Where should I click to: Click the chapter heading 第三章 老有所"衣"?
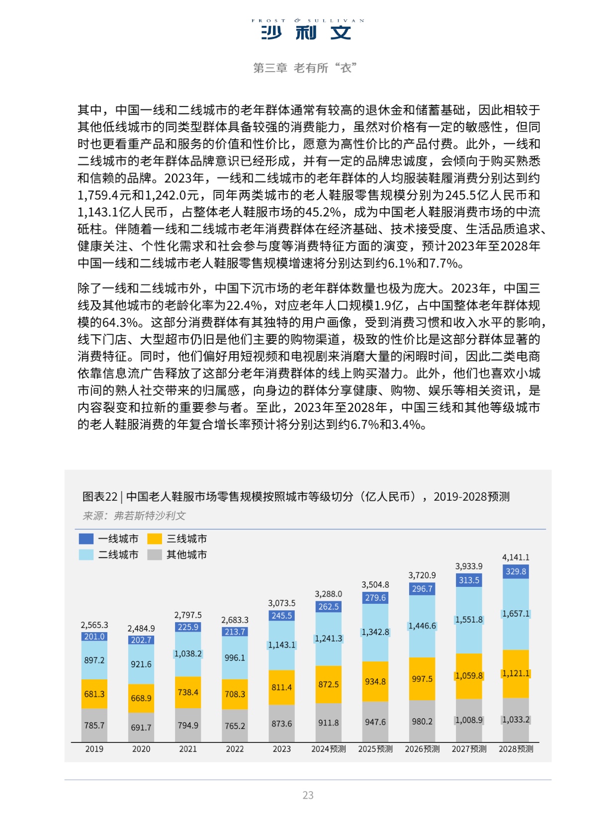pyautogui.click(x=305, y=68)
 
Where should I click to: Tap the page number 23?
pyautogui.click(x=308, y=795)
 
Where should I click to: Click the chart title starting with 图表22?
pyautogui.click(x=296, y=496)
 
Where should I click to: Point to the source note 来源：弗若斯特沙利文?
pyautogui.click(x=134, y=516)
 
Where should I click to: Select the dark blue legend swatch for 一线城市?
pyautogui.click(x=86, y=539)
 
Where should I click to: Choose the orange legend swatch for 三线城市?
pyautogui.click(x=155, y=539)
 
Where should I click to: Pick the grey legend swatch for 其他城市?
pyautogui.click(x=155, y=555)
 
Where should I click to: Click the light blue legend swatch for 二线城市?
pyautogui.click(x=86, y=555)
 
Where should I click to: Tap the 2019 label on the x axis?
pyautogui.click(x=94, y=749)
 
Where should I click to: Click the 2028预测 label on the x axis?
pyautogui.click(x=516, y=749)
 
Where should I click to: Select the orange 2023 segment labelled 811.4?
pyautogui.click(x=281, y=687)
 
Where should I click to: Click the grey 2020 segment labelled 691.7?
pyautogui.click(x=141, y=728)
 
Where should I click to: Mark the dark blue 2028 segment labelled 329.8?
pyautogui.click(x=516, y=571)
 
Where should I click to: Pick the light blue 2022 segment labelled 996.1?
pyautogui.click(x=235, y=657)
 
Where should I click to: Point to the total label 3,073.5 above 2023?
pyautogui.click(x=281, y=603)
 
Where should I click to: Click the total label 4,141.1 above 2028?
pyautogui.click(x=516, y=558)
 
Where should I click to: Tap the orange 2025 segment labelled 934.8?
pyautogui.click(x=375, y=681)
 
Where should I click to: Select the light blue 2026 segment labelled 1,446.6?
pyautogui.click(x=422, y=626)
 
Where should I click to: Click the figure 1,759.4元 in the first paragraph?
pyautogui.click(x=105, y=195)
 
